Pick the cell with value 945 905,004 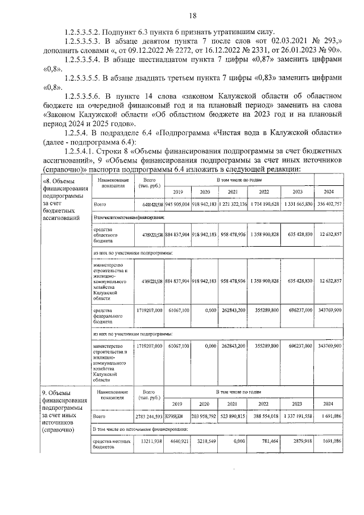pos(177,203)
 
